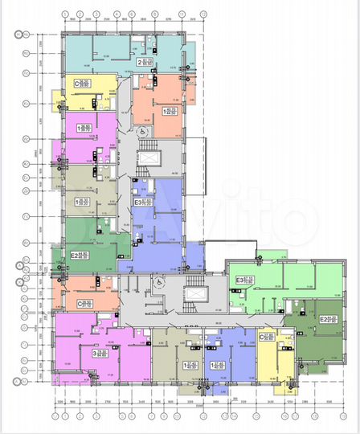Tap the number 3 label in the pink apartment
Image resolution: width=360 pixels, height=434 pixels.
point(95,352)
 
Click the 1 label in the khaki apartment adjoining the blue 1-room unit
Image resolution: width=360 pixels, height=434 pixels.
point(187,364)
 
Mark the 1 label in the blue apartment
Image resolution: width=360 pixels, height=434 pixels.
point(213,364)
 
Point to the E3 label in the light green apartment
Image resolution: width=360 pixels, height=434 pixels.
point(240,280)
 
